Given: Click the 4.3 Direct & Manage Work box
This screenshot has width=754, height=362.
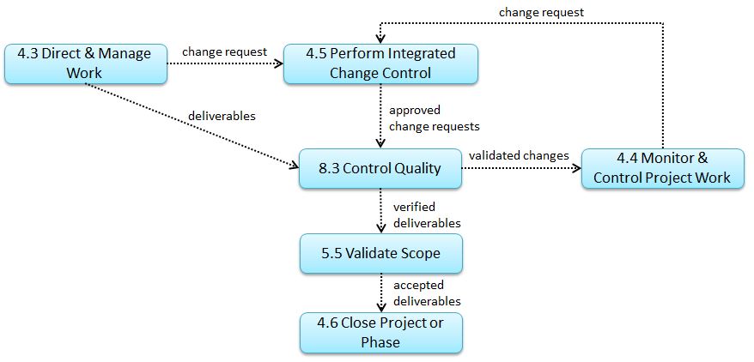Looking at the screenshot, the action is [86, 64].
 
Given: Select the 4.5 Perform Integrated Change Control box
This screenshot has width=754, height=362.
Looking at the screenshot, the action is [380, 64].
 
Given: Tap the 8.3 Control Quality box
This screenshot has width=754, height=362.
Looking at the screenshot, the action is [380, 168].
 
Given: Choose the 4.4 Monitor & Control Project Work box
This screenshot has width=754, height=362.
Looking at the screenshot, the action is [663, 168].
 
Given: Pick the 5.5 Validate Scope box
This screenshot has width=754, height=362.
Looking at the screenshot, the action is [380, 254].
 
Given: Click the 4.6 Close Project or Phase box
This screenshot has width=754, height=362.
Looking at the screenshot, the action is [380, 333].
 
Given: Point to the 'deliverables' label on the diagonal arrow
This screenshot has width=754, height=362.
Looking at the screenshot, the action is [222, 116].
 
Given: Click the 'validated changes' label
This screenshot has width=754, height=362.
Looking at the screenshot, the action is [520, 155].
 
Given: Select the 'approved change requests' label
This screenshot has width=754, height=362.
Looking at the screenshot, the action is [435, 118].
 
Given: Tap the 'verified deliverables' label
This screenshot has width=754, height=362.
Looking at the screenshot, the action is [427, 215].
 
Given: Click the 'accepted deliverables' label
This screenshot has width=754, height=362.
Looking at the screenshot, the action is [427, 293].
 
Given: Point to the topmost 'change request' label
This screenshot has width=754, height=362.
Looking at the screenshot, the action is [542, 13].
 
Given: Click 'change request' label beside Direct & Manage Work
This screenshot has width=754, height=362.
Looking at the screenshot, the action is [224, 51].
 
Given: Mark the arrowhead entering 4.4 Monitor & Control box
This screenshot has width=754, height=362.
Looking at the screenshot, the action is [576, 168].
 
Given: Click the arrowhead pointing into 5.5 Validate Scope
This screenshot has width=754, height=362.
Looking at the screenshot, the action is [380, 228].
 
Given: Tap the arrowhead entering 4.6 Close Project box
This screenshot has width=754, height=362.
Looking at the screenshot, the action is [380, 307].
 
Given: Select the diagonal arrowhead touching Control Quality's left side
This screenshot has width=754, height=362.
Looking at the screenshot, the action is [294, 166].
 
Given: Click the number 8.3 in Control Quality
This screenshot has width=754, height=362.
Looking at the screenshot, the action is [328, 168].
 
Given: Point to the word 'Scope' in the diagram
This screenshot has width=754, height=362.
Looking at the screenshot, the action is [417, 254].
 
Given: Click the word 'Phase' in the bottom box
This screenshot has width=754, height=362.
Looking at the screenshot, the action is [380, 342].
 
